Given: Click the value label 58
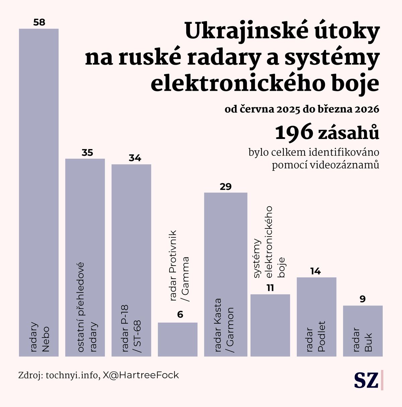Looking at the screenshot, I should point(39,22).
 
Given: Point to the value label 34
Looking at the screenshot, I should point(135,158).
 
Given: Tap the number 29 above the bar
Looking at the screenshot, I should point(225,187).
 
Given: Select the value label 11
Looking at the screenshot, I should point(270,288).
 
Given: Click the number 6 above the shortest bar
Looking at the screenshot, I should point(180,315).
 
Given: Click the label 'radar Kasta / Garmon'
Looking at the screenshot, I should point(223,325).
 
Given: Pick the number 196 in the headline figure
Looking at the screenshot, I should point(294,133).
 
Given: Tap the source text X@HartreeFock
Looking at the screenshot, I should point(141,375).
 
